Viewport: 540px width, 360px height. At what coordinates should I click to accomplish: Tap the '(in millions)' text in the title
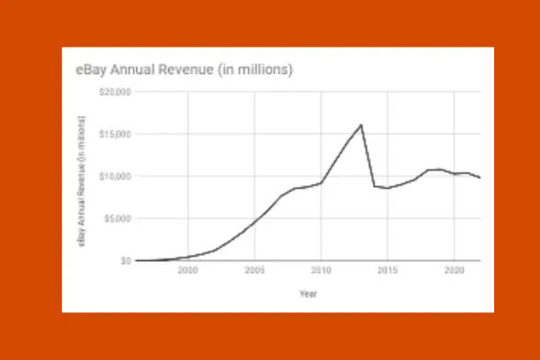[256, 68]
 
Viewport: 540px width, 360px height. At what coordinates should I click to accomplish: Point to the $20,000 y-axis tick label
[116, 92]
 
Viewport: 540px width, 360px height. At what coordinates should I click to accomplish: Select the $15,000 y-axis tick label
[116, 134]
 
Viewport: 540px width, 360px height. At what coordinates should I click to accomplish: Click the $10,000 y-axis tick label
[116, 176]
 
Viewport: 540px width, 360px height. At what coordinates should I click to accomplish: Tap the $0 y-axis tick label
[126, 260]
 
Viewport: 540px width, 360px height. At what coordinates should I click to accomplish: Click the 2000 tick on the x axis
[188, 270]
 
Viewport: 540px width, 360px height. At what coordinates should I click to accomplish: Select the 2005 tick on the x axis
[254, 270]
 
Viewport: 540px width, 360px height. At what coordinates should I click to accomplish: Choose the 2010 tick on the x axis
[321, 270]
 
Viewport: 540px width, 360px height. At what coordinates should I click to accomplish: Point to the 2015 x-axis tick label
[387, 270]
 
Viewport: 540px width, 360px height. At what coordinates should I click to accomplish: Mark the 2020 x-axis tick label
[454, 270]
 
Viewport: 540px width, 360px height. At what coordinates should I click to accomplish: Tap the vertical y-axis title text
[82, 176]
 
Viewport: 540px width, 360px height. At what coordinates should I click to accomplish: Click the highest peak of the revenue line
[361, 124]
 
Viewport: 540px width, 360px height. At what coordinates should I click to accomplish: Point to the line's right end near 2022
[480, 178]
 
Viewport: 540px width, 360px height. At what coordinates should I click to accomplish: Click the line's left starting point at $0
[136, 260]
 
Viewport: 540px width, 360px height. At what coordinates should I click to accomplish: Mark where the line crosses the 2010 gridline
[321, 183]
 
